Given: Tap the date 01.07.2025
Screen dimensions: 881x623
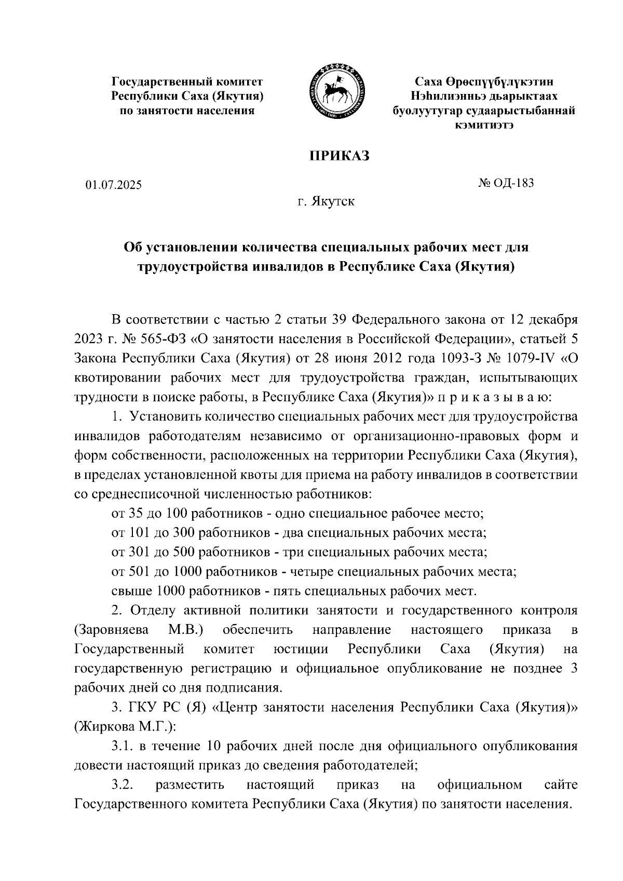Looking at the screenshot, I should [x=114, y=185].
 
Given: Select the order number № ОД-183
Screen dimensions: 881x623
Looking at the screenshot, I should [x=506, y=183].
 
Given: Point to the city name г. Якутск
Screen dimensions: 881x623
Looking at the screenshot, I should [x=326, y=201].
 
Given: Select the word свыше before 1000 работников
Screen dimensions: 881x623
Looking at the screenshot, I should [x=131, y=591].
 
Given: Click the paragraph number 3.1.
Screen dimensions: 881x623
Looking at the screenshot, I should [x=123, y=746].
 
